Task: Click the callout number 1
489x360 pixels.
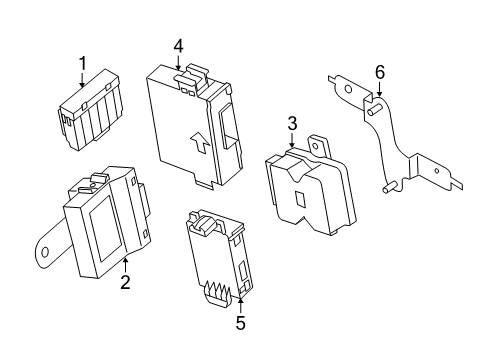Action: click(82, 63)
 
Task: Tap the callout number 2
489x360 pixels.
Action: click(125, 282)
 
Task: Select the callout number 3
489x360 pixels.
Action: click(292, 123)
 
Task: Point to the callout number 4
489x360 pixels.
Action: click(178, 46)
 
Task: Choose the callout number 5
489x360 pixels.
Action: click(240, 322)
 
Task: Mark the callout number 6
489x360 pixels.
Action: click(380, 72)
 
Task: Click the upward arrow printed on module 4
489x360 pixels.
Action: click(200, 142)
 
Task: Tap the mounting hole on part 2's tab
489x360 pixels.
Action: click(45, 252)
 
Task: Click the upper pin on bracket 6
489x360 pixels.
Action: click(374, 109)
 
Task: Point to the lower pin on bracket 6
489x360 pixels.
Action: click(389, 187)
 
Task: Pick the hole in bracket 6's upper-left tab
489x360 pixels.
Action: click(348, 89)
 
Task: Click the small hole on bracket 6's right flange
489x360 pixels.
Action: click(437, 171)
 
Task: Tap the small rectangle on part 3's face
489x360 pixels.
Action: click(301, 199)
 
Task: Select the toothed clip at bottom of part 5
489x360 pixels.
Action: click(218, 292)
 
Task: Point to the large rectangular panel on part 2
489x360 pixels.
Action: click(105, 228)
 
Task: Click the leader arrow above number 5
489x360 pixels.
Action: click(241, 306)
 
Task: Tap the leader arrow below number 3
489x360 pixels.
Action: click(292, 140)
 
